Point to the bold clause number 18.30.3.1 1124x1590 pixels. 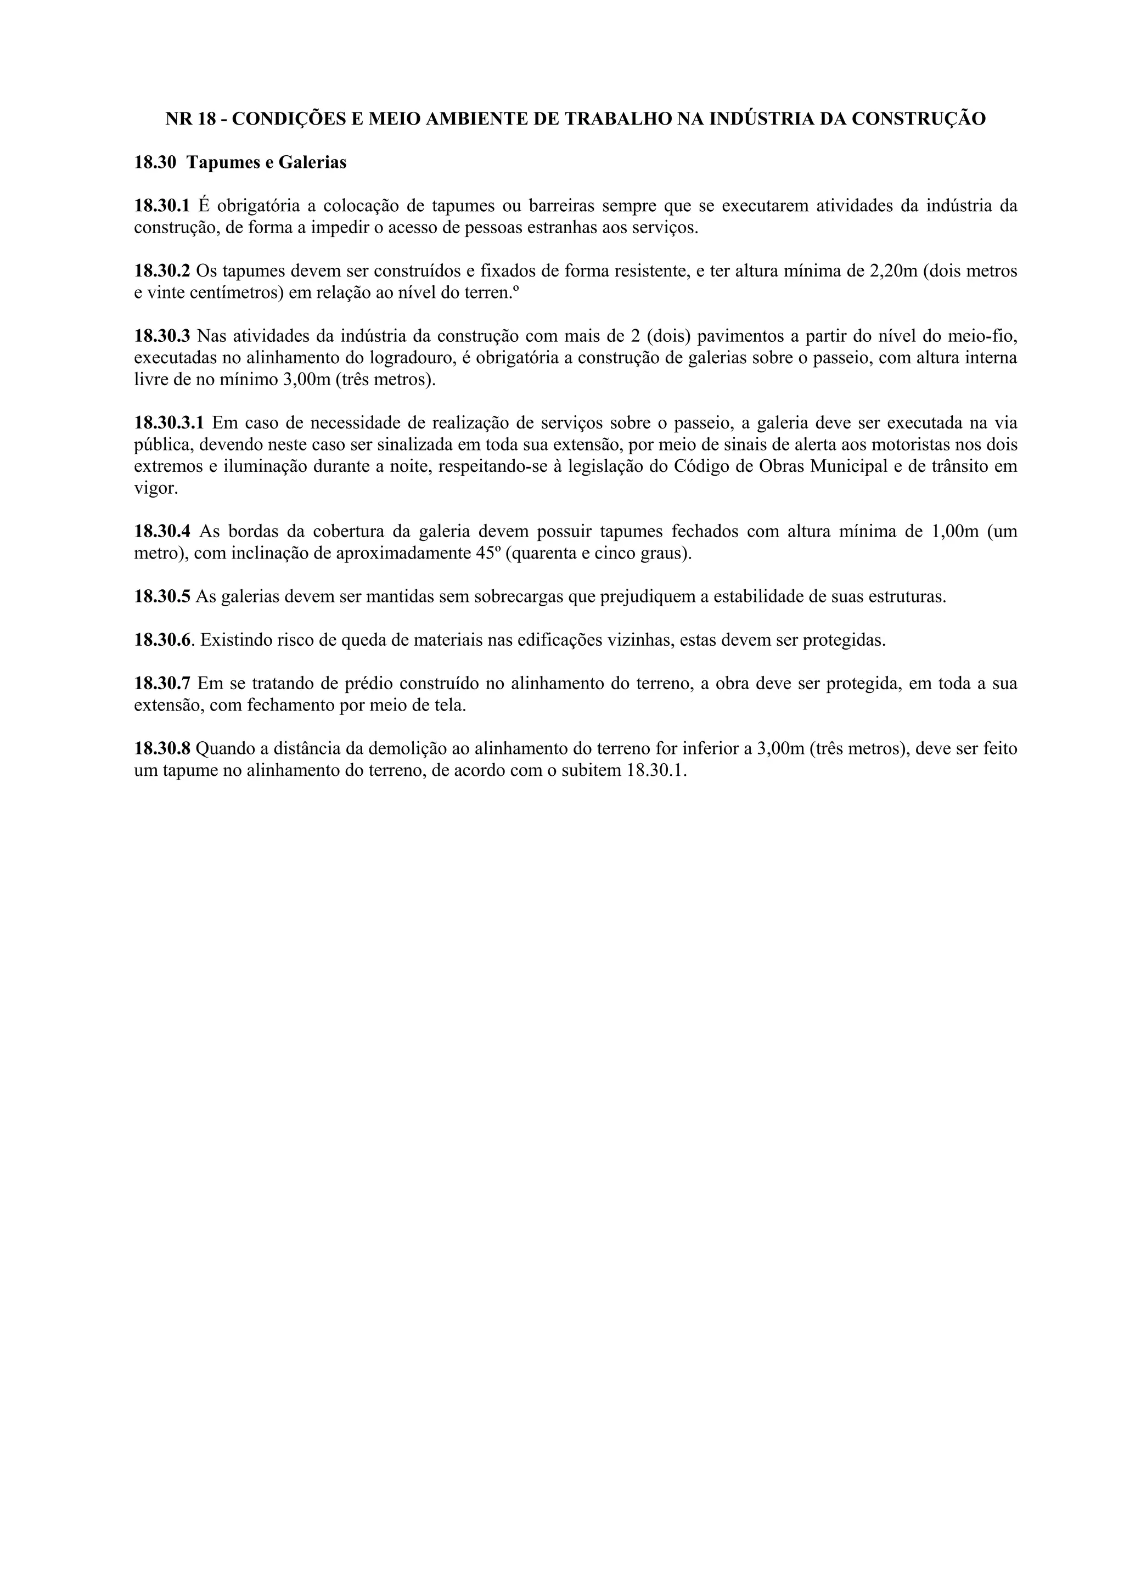tap(169, 422)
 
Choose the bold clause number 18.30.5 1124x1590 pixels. tap(162, 596)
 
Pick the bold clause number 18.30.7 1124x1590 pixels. tap(162, 684)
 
